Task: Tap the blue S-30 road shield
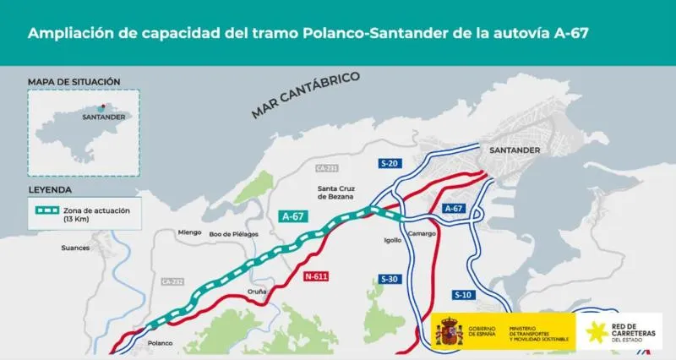click(x=390, y=279)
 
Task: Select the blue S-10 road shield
click(x=463, y=296)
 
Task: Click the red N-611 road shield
click(x=317, y=276)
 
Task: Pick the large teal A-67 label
click(x=292, y=216)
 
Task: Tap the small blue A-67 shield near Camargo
click(x=453, y=208)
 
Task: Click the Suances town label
click(x=75, y=248)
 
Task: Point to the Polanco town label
click(x=160, y=343)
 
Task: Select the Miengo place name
click(x=190, y=232)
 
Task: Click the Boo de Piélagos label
click(x=232, y=233)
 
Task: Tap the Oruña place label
click(x=256, y=292)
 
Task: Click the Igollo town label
click(x=393, y=240)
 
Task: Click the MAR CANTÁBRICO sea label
click(x=306, y=95)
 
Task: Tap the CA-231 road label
click(x=327, y=168)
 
